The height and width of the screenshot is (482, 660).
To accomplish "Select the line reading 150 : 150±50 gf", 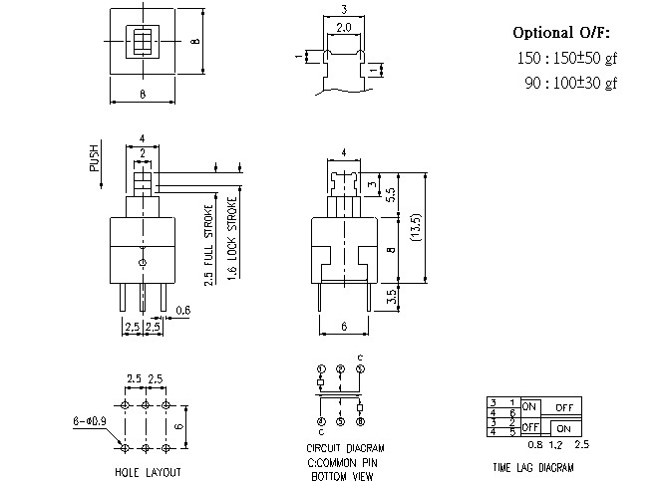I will (567, 59).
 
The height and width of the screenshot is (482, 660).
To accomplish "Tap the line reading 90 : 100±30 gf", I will (570, 84).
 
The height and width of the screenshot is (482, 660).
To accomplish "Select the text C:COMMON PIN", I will (341, 463).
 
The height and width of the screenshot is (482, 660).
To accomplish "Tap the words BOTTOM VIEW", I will (341, 476).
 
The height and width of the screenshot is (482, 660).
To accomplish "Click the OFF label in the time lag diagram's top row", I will (564, 407).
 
